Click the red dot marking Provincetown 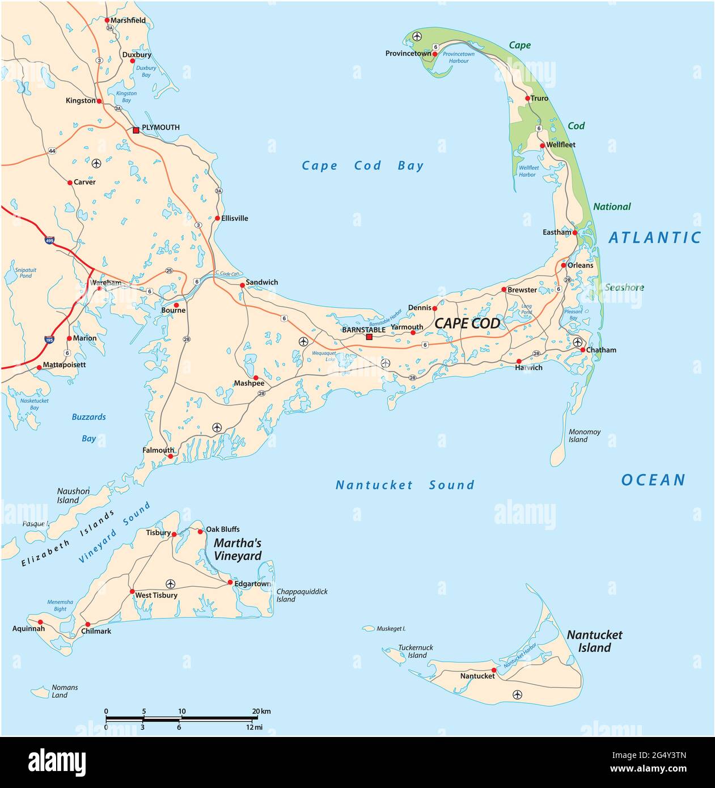435,54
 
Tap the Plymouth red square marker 136,130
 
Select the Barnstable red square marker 369,337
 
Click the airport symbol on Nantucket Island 517,694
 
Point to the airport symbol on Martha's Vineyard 170,583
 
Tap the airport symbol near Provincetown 417,37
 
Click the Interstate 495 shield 50,240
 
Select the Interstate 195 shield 49,340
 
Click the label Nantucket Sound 404,485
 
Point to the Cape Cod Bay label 362,166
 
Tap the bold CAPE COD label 467,323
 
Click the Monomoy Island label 584,435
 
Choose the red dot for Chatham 583,350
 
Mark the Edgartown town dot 230,583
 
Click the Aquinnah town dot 40,622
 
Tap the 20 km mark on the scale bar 252,718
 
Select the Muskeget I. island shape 369,628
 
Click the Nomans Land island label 64,691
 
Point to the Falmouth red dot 170,456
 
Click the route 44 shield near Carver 52,151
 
